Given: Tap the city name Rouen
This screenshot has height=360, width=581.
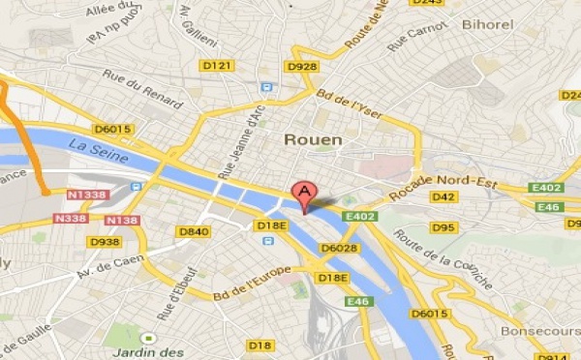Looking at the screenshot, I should click(313, 139).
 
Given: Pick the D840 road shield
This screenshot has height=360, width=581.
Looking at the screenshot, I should click(194, 231).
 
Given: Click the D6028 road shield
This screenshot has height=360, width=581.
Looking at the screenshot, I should click(338, 249).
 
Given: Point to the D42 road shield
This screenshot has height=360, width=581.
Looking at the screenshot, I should click(443, 197).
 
